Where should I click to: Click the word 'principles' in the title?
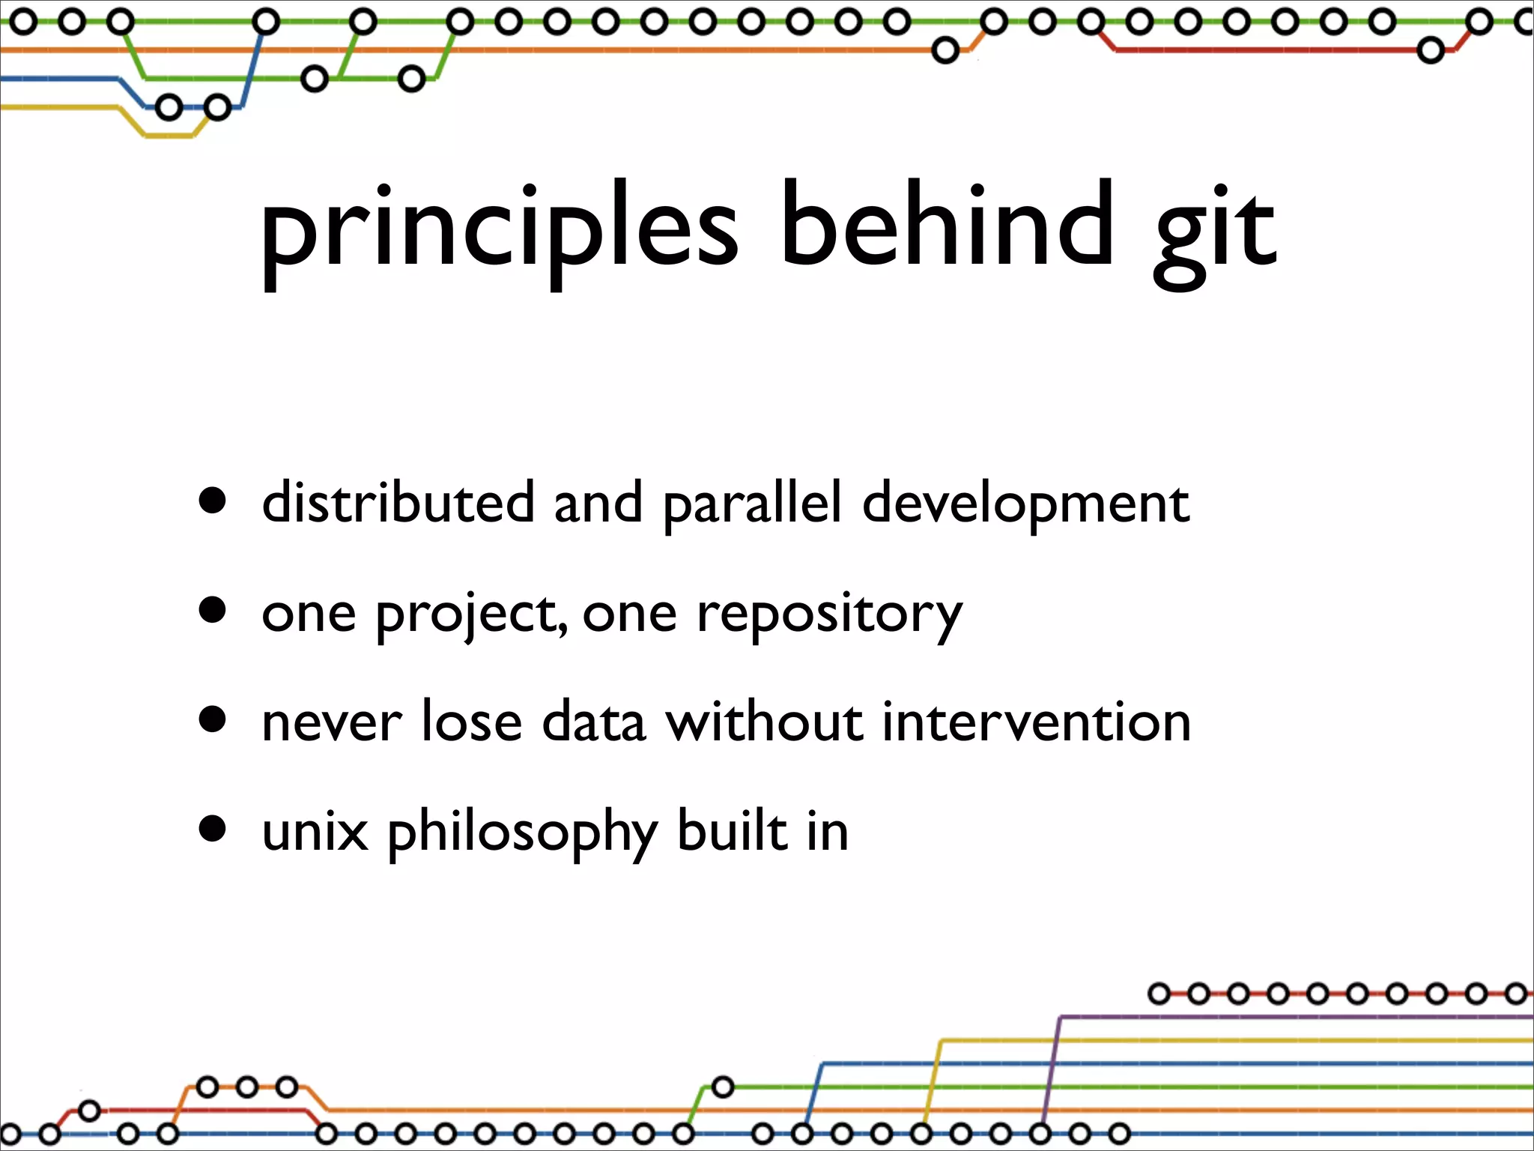coord(498,229)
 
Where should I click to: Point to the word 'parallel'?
coord(752,504)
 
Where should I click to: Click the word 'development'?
coord(1025,504)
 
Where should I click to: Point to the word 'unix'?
coord(315,832)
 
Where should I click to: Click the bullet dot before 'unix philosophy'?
coord(213,830)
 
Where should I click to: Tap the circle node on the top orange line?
coord(945,51)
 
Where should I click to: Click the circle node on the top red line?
coord(1431,51)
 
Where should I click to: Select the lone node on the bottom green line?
coord(722,1087)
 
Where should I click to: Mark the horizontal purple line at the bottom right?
coord(1296,1017)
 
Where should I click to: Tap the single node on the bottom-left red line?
coord(89,1110)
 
